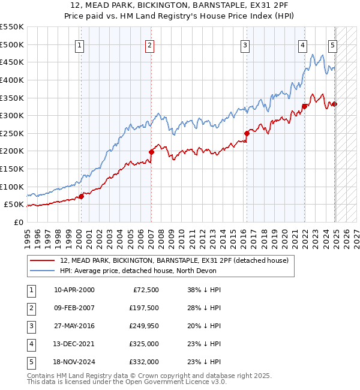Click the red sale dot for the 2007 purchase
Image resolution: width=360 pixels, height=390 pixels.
coord(151,152)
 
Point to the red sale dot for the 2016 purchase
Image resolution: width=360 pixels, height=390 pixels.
coord(247,133)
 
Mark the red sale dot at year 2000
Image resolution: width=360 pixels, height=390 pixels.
coord(81,196)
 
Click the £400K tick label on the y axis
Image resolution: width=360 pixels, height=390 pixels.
coord(12,80)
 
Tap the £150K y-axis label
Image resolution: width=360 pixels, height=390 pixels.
coord(12,169)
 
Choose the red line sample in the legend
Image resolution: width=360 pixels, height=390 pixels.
coord(42,260)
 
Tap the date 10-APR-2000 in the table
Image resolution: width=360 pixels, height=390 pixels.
coord(74,290)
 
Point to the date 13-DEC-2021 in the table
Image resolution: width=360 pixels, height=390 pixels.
coord(74,344)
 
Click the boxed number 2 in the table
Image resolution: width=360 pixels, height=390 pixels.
coord(31,308)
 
